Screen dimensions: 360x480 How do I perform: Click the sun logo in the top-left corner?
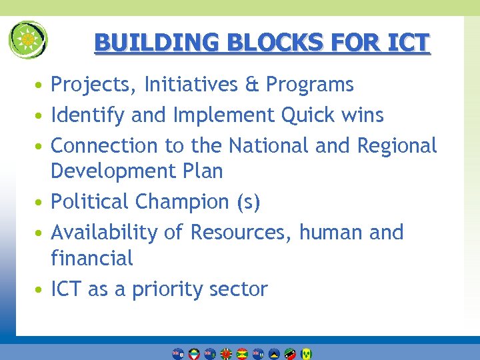[x=28, y=39]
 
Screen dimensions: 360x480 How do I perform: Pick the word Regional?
[x=397, y=145]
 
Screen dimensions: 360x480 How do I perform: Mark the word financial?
[x=92, y=257]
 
